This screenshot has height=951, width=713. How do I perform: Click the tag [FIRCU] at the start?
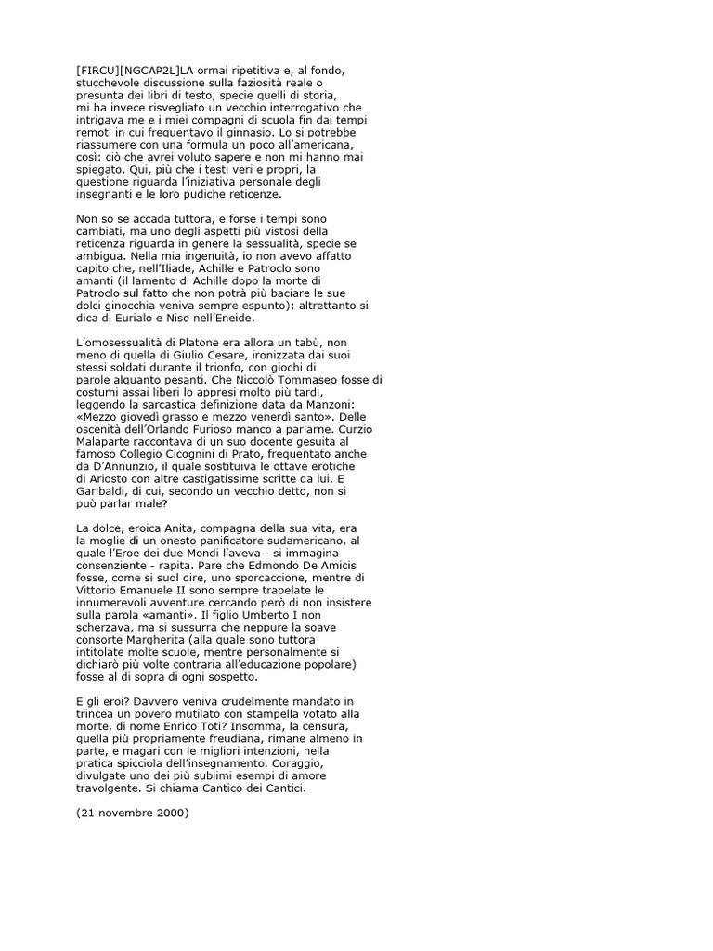[x=94, y=70]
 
